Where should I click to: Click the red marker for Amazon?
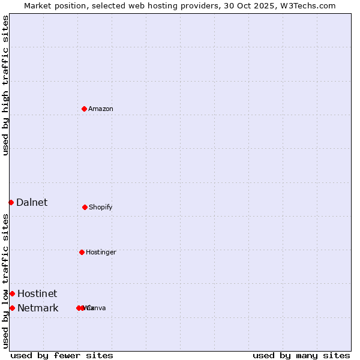pos(84,109)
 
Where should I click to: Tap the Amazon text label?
pos(101,109)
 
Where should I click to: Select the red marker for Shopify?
pos(85,207)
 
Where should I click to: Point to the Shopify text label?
pos(101,208)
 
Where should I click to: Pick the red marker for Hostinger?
pos(82,252)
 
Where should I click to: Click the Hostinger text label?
pos(101,253)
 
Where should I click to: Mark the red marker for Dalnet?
pos(11,202)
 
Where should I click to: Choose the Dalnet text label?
pos(32,203)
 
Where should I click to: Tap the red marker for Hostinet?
pos(12,293)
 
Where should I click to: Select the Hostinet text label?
pos(37,294)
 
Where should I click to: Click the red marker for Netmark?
pos(12,308)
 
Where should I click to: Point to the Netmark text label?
pos(38,308)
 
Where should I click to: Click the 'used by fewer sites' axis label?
pos(62,356)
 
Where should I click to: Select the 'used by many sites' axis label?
pos(301,356)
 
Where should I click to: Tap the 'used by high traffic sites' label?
pos(5,85)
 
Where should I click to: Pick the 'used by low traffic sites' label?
pos(5,281)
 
